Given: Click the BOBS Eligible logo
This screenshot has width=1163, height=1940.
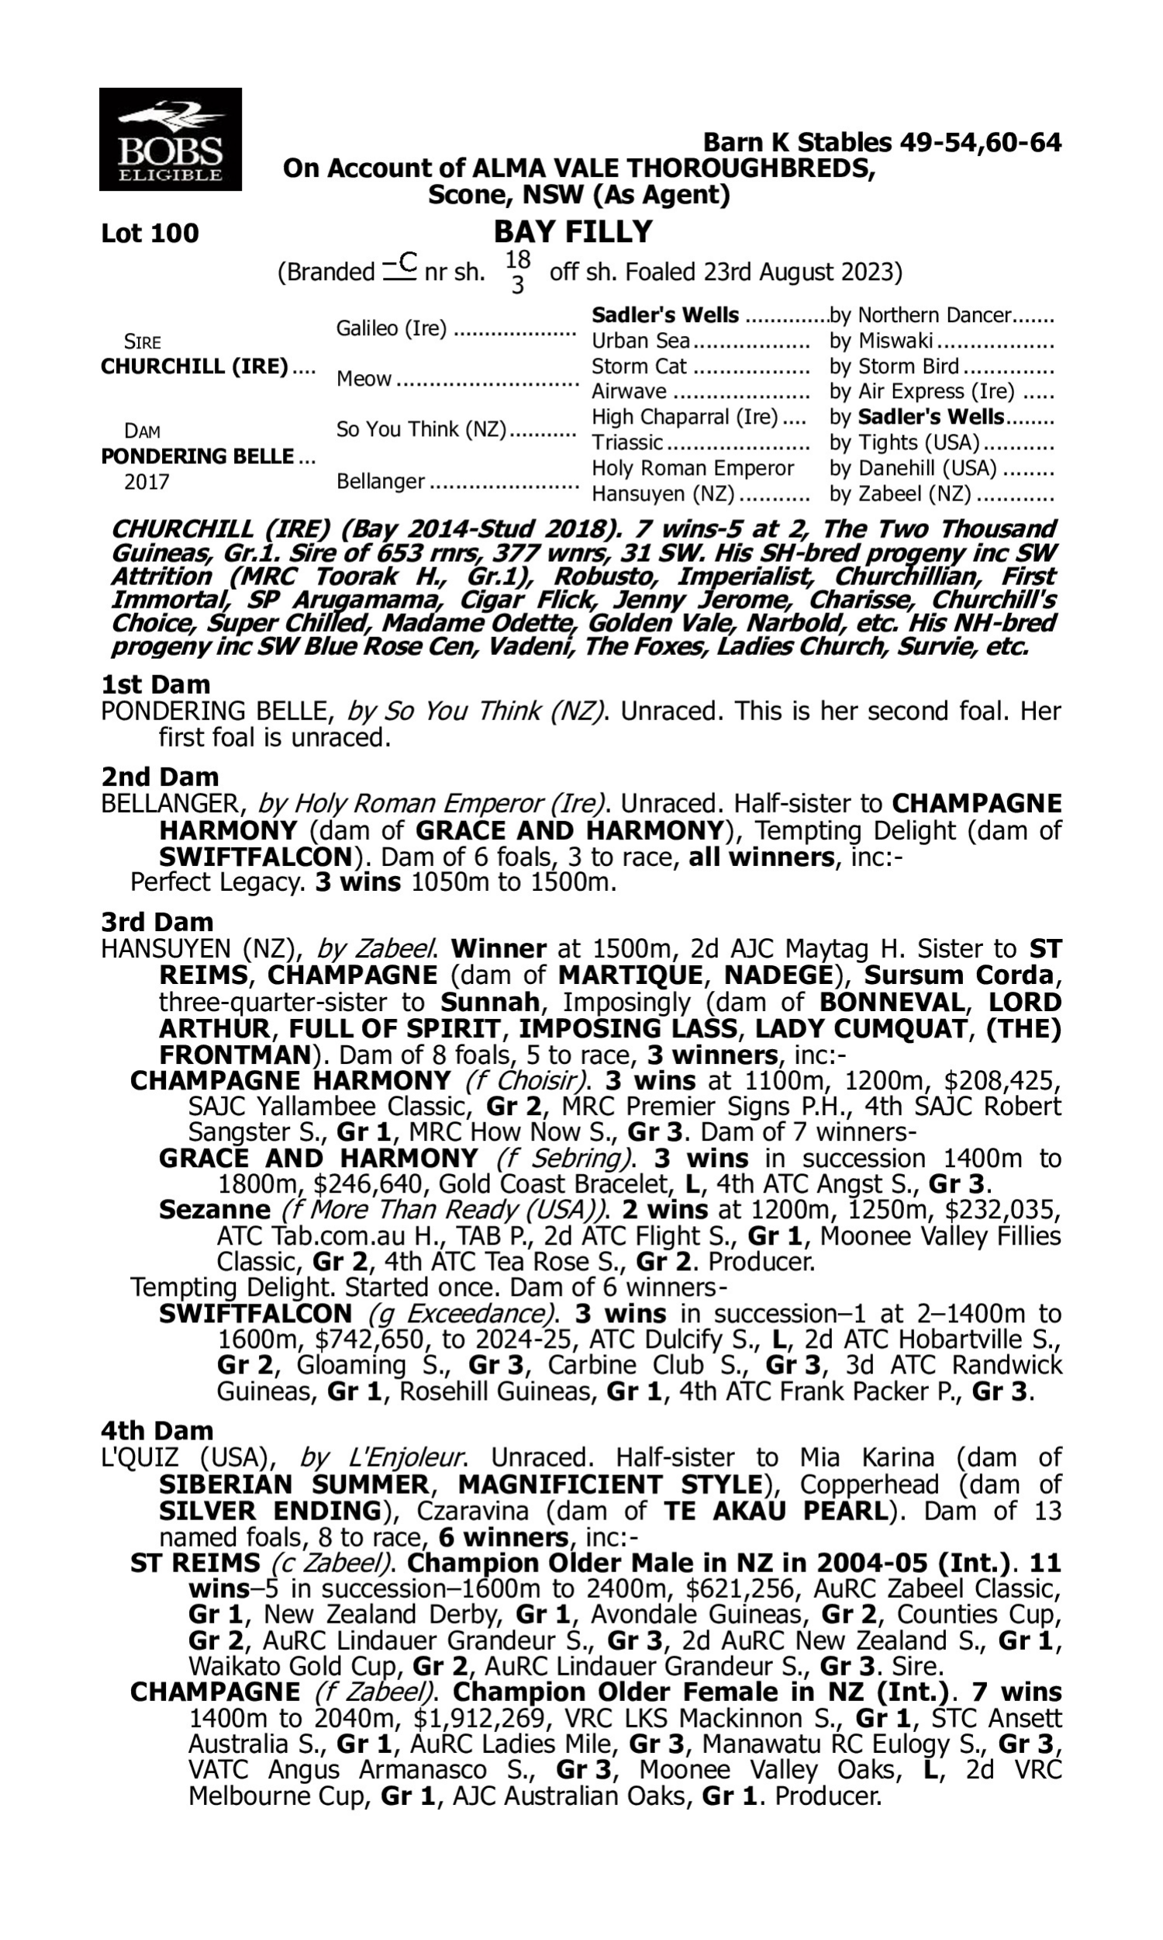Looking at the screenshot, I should click(x=170, y=140).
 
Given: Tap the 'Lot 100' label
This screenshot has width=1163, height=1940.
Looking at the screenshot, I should click(x=150, y=234).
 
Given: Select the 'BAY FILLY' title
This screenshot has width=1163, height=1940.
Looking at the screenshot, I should click(x=573, y=232).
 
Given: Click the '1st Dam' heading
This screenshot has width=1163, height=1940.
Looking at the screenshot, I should click(x=155, y=684).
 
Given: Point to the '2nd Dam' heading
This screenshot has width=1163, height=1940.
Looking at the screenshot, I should click(x=159, y=777).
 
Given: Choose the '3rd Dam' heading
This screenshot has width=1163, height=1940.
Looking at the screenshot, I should click(x=157, y=922).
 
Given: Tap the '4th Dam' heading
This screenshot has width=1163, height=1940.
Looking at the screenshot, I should click(x=157, y=1431).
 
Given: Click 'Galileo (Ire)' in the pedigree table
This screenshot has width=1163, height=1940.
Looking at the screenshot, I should click(x=391, y=328).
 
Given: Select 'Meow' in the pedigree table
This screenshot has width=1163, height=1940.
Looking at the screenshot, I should click(x=364, y=379).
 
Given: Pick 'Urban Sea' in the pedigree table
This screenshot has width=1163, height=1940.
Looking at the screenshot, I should click(x=640, y=341).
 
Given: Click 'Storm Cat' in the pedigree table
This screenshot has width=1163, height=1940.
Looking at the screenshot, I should click(x=639, y=367).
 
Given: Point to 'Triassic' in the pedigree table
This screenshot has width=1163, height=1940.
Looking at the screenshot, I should click(x=627, y=443).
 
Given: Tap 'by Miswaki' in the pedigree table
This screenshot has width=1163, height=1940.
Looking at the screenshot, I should click(x=881, y=341).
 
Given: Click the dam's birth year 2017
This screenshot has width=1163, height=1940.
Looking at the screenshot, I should click(x=147, y=482).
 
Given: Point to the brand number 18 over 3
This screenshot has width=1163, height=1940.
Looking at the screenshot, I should click(x=517, y=272).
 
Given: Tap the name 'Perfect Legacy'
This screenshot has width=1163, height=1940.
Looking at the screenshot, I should click(x=216, y=883).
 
